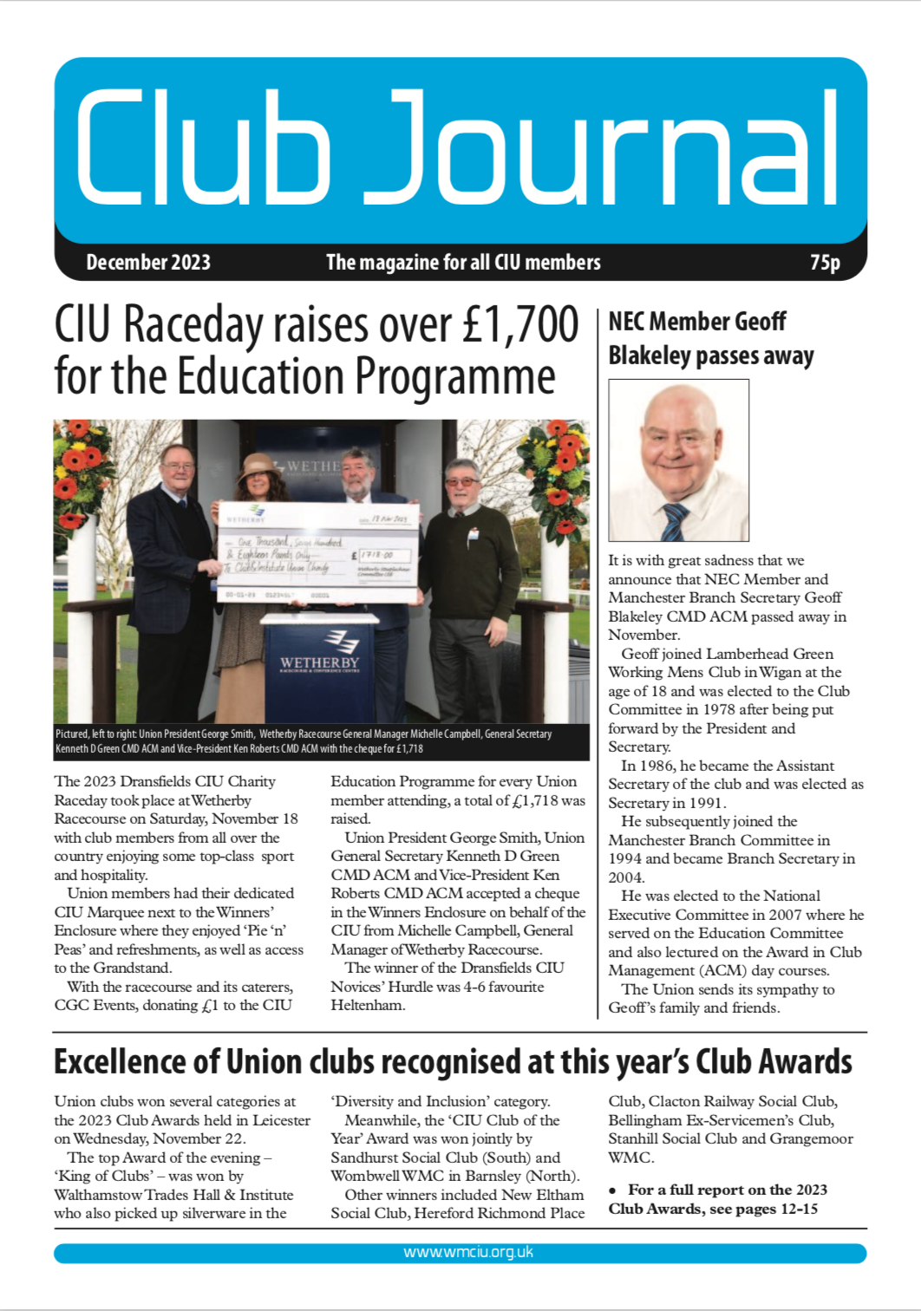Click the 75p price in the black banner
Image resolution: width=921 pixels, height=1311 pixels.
click(x=825, y=262)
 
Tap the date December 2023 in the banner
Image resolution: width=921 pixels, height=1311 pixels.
click(x=148, y=262)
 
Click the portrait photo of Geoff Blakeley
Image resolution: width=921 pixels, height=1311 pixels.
click(x=678, y=460)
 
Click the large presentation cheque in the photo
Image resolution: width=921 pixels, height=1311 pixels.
click(x=319, y=552)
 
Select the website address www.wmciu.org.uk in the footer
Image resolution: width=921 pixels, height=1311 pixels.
click(x=468, y=1253)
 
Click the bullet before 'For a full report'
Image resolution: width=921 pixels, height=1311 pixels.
click(x=613, y=1190)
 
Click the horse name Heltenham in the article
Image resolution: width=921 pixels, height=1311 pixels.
click(x=368, y=1005)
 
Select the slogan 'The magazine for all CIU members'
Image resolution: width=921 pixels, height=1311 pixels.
click(x=463, y=262)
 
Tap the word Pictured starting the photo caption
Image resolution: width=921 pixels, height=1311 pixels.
click(x=72, y=734)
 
